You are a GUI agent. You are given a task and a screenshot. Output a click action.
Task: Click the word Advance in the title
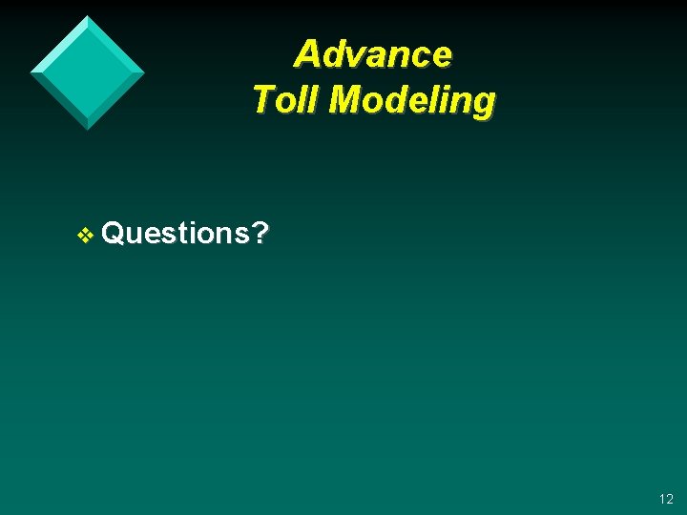(373, 54)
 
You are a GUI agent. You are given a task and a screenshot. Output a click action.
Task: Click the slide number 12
(665, 499)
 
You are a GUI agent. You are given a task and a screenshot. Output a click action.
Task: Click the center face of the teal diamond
(87, 72)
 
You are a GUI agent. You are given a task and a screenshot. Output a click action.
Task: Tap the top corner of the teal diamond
(87, 17)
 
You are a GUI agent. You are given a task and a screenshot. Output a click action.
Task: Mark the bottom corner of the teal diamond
(88, 129)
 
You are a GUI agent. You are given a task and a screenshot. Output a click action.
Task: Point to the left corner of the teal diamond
(31, 72)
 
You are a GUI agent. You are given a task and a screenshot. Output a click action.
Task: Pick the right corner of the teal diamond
(143, 72)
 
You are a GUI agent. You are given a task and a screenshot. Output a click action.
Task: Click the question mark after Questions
(260, 232)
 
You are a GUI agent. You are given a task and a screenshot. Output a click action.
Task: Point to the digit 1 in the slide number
(660, 499)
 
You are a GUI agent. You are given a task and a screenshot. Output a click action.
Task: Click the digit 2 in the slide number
(669, 499)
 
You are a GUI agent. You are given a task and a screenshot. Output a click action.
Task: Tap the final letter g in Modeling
(484, 103)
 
